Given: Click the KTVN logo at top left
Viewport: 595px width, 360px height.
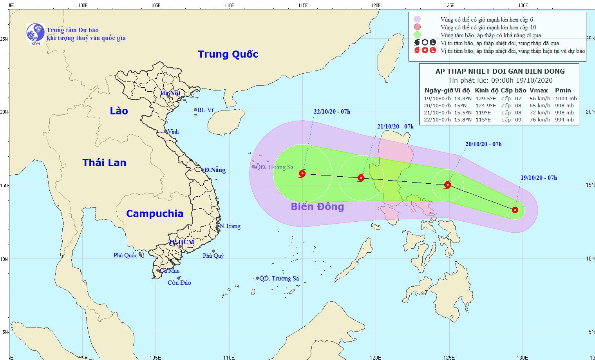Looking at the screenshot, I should [x=35, y=32].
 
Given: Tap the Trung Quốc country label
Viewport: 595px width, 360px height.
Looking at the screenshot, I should [x=228, y=54].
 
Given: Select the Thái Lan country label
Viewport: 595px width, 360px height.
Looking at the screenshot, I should [x=104, y=163].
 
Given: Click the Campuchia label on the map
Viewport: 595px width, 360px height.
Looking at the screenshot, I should [x=155, y=213].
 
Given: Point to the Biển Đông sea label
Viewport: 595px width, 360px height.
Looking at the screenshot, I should [x=317, y=207].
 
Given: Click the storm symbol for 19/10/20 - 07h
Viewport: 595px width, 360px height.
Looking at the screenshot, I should [x=515, y=210].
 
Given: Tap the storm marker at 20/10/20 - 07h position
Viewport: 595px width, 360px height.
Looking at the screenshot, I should [x=447, y=185].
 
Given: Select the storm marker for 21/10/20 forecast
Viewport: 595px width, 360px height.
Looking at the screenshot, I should [x=361, y=178].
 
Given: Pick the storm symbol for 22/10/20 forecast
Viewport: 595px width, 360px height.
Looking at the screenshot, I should [x=302, y=174].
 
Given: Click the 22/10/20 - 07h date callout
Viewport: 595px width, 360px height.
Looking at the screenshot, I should [x=332, y=112].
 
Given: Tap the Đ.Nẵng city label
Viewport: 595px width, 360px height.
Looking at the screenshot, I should [x=215, y=170].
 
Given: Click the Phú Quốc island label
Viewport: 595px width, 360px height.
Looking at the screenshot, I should [x=125, y=255].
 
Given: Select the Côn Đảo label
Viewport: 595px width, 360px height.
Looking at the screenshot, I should [x=179, y=283].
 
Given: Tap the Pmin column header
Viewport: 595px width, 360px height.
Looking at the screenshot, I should [x=563, y=90].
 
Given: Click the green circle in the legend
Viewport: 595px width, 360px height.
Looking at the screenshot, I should [x=418, y=35].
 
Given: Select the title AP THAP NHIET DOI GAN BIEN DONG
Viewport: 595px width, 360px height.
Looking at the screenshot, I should [x=500, y=71].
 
